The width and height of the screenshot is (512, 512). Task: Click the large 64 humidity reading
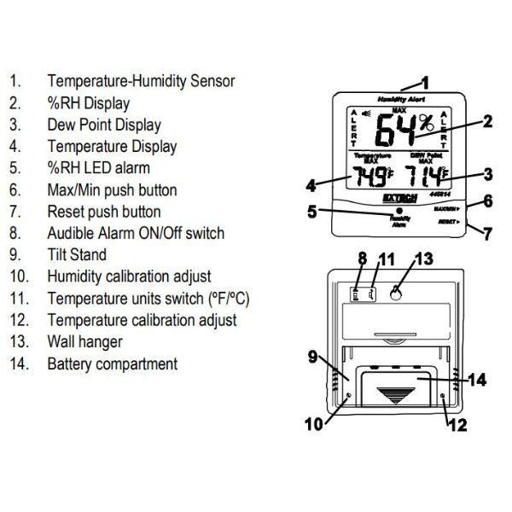(396, 132)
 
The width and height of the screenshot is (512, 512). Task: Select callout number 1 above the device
(426, 84)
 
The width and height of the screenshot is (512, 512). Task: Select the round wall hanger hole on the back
(396, 292)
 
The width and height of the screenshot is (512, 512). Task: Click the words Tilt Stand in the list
(78, 253)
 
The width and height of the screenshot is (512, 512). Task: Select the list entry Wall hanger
(85, 341)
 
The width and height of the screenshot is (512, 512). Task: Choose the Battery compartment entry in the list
(113, 364)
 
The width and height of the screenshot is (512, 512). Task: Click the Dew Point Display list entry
(105, 125)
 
